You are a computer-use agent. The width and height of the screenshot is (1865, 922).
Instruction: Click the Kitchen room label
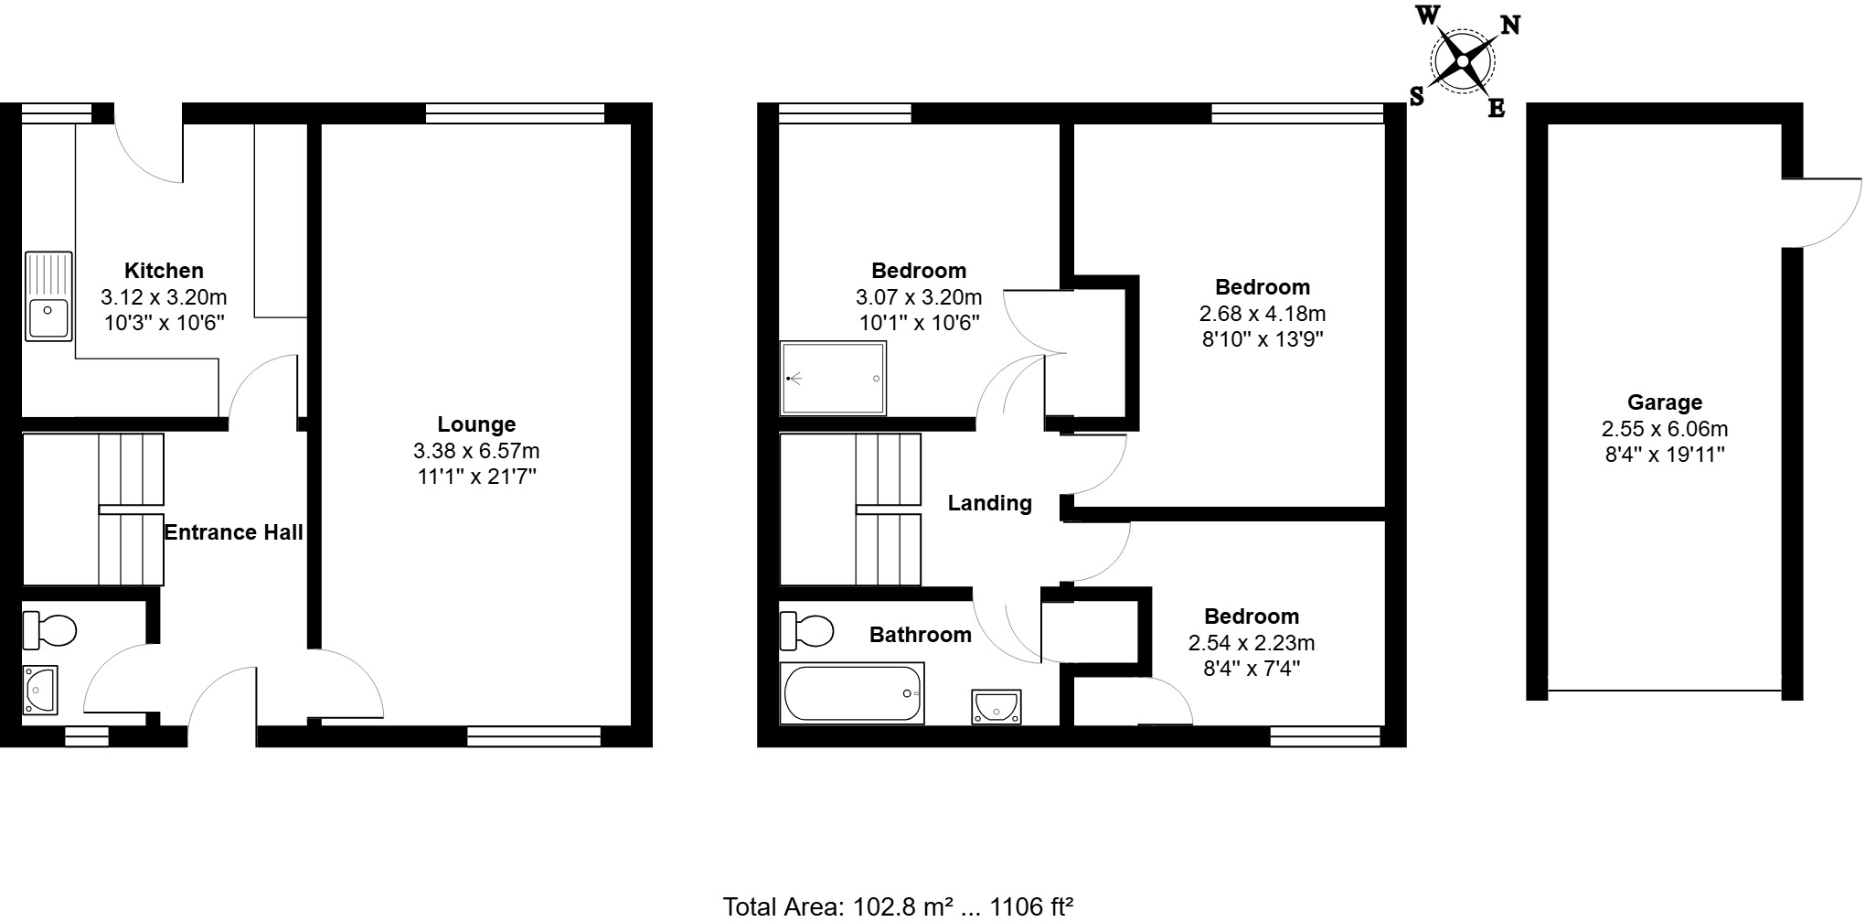(164, 271)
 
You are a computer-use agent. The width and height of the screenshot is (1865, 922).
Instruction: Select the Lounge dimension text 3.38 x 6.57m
(476, 451)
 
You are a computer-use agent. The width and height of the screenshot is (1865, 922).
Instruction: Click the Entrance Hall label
(233, 532)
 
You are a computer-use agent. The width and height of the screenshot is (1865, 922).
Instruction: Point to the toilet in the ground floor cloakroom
(51, 629)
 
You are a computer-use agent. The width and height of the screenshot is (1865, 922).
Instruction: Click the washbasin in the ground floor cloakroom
(40, 690)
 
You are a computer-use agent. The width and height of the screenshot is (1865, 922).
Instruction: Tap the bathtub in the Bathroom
(852, 693)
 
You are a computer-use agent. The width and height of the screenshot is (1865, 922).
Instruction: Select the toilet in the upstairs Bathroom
(807, 630)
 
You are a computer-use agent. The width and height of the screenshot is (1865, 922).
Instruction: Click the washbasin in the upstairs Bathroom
(996, 707)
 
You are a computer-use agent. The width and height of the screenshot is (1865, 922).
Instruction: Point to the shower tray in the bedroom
(833, 378)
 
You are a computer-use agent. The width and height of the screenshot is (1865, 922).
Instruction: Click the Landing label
(989, 503)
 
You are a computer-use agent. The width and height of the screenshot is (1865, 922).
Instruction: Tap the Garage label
(1664, 402)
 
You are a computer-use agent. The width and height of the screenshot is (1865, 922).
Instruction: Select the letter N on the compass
(1510, 26)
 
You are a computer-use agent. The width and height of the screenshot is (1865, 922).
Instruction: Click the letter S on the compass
(1417, 97)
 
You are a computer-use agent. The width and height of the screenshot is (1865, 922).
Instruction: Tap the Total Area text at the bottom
(897, 906)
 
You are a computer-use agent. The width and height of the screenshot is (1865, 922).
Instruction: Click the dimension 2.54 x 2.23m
(1251, 643)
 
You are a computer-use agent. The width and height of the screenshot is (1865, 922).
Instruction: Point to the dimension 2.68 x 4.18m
(1262, 314)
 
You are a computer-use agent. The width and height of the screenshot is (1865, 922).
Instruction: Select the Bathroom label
(920, 635)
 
